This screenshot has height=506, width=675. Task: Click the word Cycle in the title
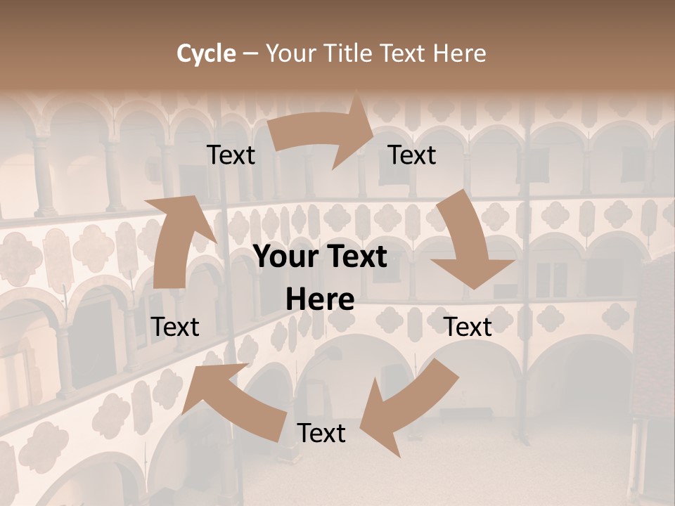[x=206, y=53]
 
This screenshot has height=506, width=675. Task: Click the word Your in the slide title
[x=292, y=53]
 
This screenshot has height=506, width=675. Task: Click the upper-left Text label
[x=231, y=155]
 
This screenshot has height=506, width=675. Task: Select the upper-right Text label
[x=412, y=155]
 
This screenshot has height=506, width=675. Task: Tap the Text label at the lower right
[x=468, y=327]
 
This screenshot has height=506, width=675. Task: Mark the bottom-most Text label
[x=321, y=433]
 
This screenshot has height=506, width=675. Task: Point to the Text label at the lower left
[x=175, y=327]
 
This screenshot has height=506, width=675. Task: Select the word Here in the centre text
[x=320, y=299]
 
